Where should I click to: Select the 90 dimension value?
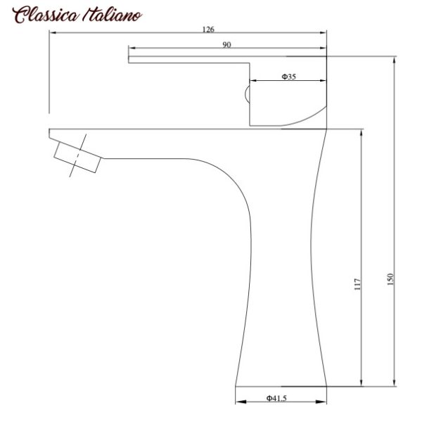coord(227,44)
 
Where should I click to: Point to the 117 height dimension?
coord(357,284)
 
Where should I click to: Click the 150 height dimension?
coord(390,278)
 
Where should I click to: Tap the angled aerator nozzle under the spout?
coord(76,157)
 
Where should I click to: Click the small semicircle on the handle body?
coord(247,94)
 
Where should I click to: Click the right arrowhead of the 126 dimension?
coord(325,34)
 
